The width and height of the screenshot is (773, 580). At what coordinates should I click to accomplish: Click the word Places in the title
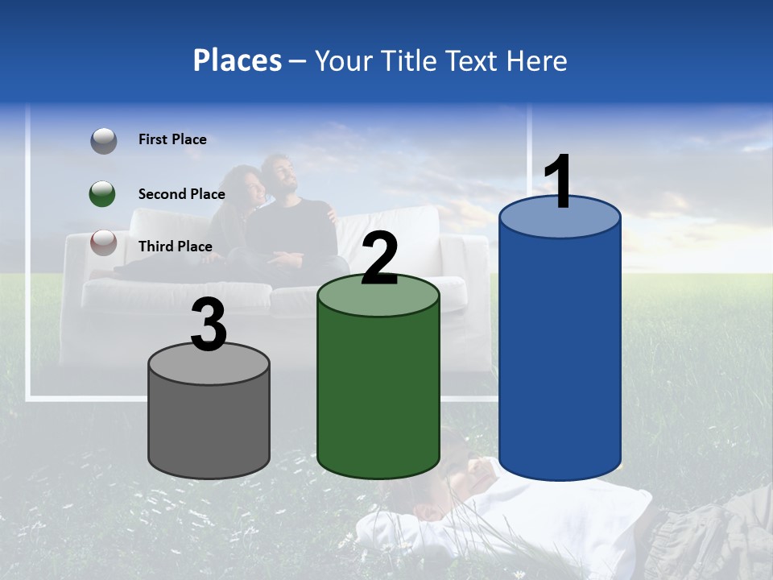[237, 60]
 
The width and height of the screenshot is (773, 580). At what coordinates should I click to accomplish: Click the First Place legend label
[172, 139]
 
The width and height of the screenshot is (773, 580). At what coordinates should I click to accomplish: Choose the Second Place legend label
[181, 193]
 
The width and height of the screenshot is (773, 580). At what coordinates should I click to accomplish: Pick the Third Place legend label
[175, 246]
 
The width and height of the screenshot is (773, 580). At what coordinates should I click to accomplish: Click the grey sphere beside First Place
[103, 141]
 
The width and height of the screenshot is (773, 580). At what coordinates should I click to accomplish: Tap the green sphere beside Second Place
[103, 193]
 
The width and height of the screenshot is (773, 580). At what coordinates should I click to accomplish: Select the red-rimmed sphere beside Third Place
[103, 242]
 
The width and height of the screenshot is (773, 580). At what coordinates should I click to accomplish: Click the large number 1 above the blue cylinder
[559, 182]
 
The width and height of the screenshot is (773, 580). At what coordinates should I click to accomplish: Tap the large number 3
[209, 325]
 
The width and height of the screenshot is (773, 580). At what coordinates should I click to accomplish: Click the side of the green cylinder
[378, 387]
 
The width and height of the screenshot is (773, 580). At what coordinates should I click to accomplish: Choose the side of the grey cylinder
[209, 427]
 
